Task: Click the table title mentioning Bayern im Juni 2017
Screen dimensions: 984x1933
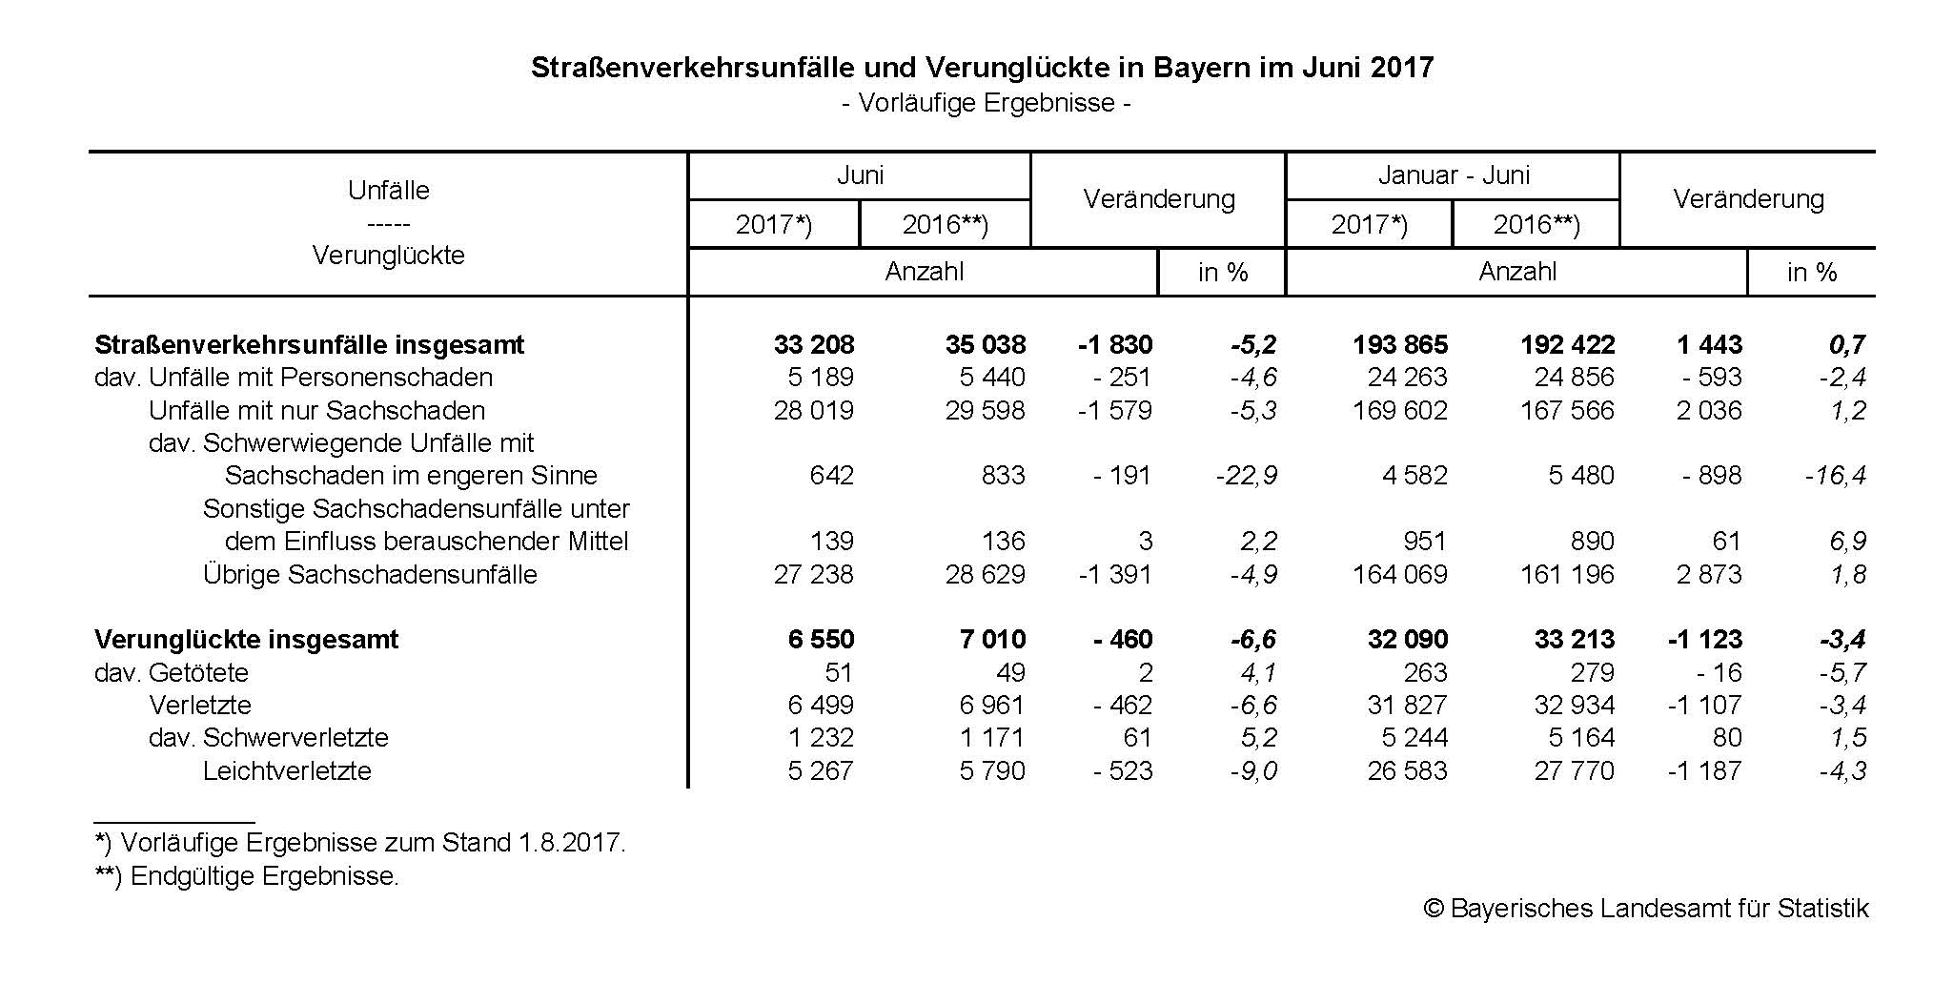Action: click(x=982, y=68)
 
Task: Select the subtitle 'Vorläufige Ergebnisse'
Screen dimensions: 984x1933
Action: click(x=986, y=103)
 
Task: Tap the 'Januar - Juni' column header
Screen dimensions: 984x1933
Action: click(x=1453, y=175)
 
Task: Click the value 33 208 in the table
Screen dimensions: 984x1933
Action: click(x=814, y=344)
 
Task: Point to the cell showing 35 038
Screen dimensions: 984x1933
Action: click(x=986, y=344)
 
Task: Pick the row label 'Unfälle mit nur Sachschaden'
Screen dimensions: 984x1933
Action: click(x=316, y=411)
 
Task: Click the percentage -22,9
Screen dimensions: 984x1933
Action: click(x=1247, y=476)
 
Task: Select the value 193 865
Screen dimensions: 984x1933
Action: click(x=1399, y=344)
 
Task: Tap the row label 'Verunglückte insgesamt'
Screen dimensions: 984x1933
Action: click(x=246, y=639)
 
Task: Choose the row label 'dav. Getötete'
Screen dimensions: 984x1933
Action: click(x=172, y=673)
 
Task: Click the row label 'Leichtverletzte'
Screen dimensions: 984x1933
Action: click(x=287, y=771)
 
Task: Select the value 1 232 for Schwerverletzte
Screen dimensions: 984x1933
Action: click(x=821, y=738)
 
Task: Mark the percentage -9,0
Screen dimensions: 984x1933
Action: click(x=1253, y=771)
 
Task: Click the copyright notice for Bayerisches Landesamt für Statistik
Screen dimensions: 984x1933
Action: click(x=1646, y=909)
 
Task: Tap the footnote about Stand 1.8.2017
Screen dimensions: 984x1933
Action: click(x=360, y=843)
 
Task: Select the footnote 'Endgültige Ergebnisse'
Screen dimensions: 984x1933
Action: click(x=247, y=876)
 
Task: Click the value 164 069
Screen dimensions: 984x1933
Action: click(x=1399, y=575)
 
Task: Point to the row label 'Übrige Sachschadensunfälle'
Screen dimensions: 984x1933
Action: click(x=370, y=575)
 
